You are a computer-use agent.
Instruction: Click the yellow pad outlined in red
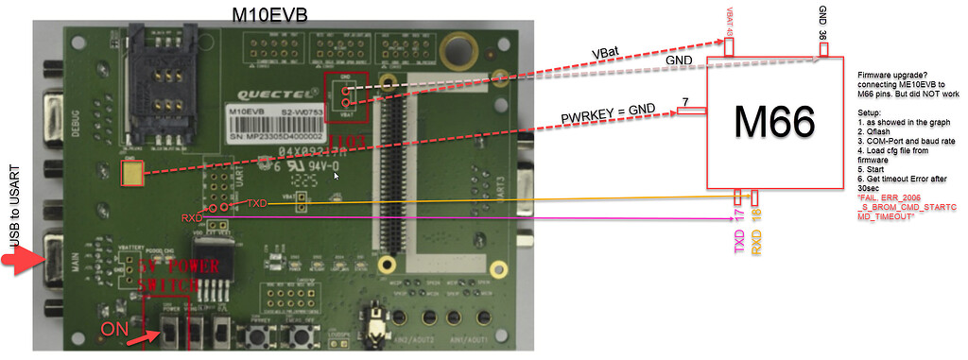132,173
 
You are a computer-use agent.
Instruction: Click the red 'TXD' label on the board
257,204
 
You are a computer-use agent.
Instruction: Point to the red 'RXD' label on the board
193,217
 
